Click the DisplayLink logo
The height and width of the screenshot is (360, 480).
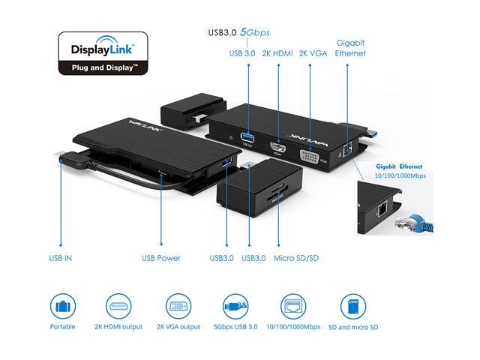[102, 50]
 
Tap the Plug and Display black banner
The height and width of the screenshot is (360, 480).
[102, 67]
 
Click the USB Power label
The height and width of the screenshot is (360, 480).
[161, 258]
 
